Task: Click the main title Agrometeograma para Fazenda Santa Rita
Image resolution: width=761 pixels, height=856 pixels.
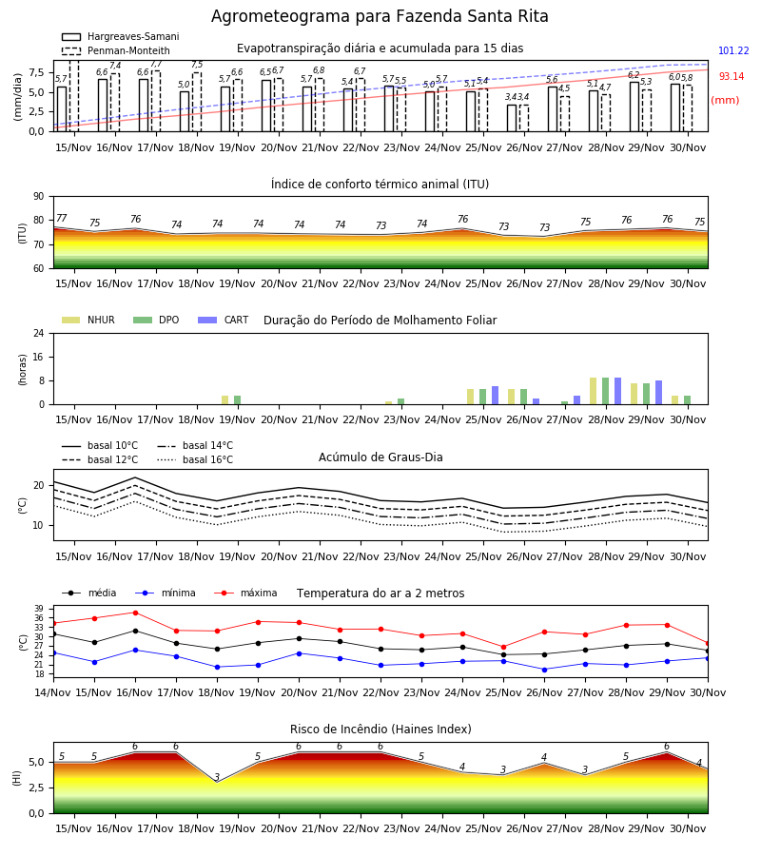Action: tap(380, 16)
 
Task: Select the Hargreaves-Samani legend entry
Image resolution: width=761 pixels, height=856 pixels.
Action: tap(120, 36)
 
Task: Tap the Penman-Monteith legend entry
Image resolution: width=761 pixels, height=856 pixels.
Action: tap(116, 50)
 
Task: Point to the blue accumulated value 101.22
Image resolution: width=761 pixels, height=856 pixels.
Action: tap(733, 50)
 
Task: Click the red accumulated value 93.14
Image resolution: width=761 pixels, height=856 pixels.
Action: tap(732, 76)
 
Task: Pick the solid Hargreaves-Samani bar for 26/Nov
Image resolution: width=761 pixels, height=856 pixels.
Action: tap(512, 118)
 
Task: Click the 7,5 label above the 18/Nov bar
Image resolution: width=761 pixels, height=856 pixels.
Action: tap(197, 65)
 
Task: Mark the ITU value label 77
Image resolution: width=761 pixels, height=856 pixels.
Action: tap(61, 218)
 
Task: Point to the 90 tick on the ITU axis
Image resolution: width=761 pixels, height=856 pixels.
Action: tap(39, 197)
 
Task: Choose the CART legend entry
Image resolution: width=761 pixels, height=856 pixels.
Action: tap(224, 320)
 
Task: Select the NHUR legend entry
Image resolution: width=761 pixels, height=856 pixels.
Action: tap(88, 320)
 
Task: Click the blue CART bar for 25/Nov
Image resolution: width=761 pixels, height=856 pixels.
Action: tap(496, 396)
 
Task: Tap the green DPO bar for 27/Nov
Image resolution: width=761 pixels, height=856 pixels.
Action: tap(564, 403)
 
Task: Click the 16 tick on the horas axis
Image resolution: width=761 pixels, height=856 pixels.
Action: tap(39, 357)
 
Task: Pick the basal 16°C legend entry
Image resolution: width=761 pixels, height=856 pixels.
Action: tap(195, 459)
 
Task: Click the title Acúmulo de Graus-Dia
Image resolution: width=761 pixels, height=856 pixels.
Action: tap(380, 457)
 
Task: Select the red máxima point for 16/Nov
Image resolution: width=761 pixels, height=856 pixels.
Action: tap(135, 613)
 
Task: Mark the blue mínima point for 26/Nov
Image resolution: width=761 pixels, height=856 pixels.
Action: tap(544, 670)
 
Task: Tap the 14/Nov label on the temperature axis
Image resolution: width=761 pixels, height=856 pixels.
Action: tap(53, 692)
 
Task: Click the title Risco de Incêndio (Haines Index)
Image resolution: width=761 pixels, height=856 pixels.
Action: tap(380, 730)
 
